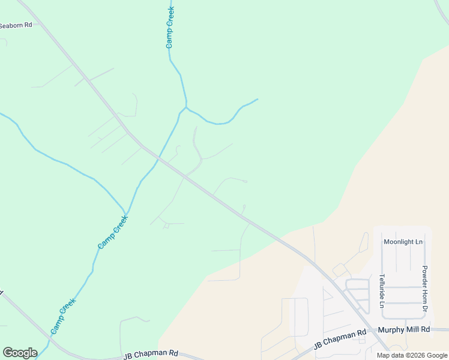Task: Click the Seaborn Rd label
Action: pyautogui.click(x=16, y=25)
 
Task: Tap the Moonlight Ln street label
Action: pyautogui.click(x=403, y=242)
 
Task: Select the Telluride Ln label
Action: pyautogui.click(x=381, y=291)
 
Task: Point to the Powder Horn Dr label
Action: pyautogui.click(x=424, y=288)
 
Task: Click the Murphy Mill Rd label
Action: pyautogui.click(x=404, y=329)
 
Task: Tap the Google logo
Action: pyautogui.click(x=20, y=353)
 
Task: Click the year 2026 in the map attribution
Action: pyautogui.click(x=414, y=355)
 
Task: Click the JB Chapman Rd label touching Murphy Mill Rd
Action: pyautogui.click(x=340, y=339)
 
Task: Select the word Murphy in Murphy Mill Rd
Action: pyautogui.click(x=391, y=329)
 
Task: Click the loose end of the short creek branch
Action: pyautogui.click(x=258, y=99)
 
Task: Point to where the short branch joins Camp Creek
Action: pyautogui.click(x=186, y=107)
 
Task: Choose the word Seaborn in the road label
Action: pyautogui.click(x=11, y=25)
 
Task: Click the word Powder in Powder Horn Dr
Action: pyautogui.click(x=424, y=275)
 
